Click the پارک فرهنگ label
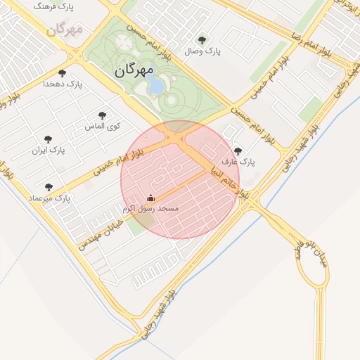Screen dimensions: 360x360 [x=54, y=6]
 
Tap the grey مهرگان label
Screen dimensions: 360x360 [x=65, y=29]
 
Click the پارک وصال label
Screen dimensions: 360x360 [x=198, y=51]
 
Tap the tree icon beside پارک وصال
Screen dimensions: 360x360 [x=203, y=40]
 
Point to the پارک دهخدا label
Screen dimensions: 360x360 [x=63, y=84]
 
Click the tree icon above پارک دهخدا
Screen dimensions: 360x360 [x=63, y=73]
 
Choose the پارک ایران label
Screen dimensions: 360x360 [x=48, y=150]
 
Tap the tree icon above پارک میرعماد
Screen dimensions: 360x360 [x=49, y=188]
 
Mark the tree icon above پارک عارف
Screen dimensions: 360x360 [x=238, y=150]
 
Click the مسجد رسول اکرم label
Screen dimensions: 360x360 [x=150, y=210]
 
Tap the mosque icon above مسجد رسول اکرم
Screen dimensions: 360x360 [x=150, y=199]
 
